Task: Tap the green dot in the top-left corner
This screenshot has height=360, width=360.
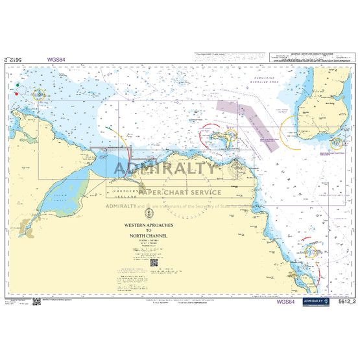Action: (x=16, y=84)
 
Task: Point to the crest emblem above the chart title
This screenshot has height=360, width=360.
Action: (x=149, y=210)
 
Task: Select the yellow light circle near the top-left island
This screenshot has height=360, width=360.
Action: (x=39, y=95)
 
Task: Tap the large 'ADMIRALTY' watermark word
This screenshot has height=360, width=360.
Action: (x=165, y=170)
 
